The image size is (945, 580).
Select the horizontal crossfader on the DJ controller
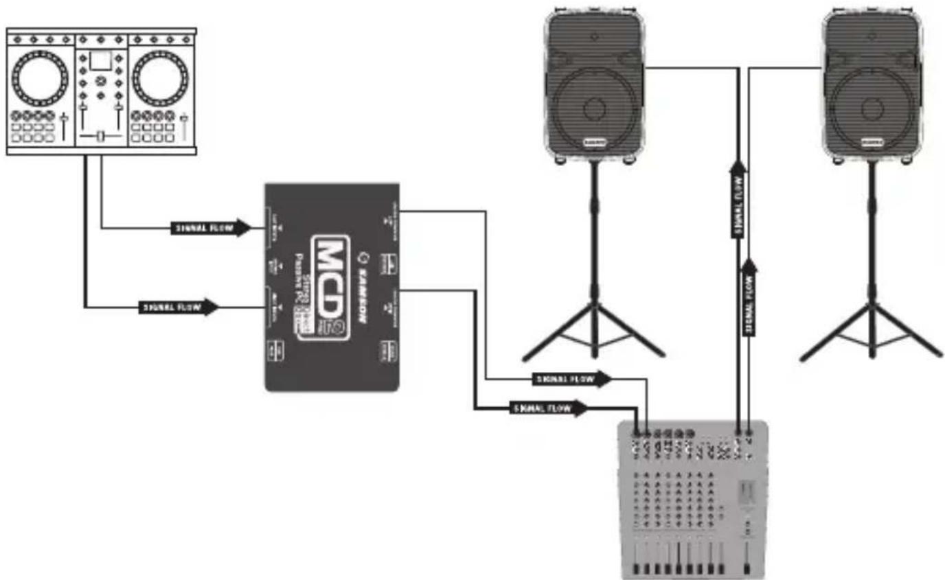tap(100, 138)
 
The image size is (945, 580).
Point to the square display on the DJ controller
tap(100, 60)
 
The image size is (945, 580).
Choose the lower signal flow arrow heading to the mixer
tap(549, 408)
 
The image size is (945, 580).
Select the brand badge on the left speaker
tap(594, 143)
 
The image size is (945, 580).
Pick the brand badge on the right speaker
tap(872, 143)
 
